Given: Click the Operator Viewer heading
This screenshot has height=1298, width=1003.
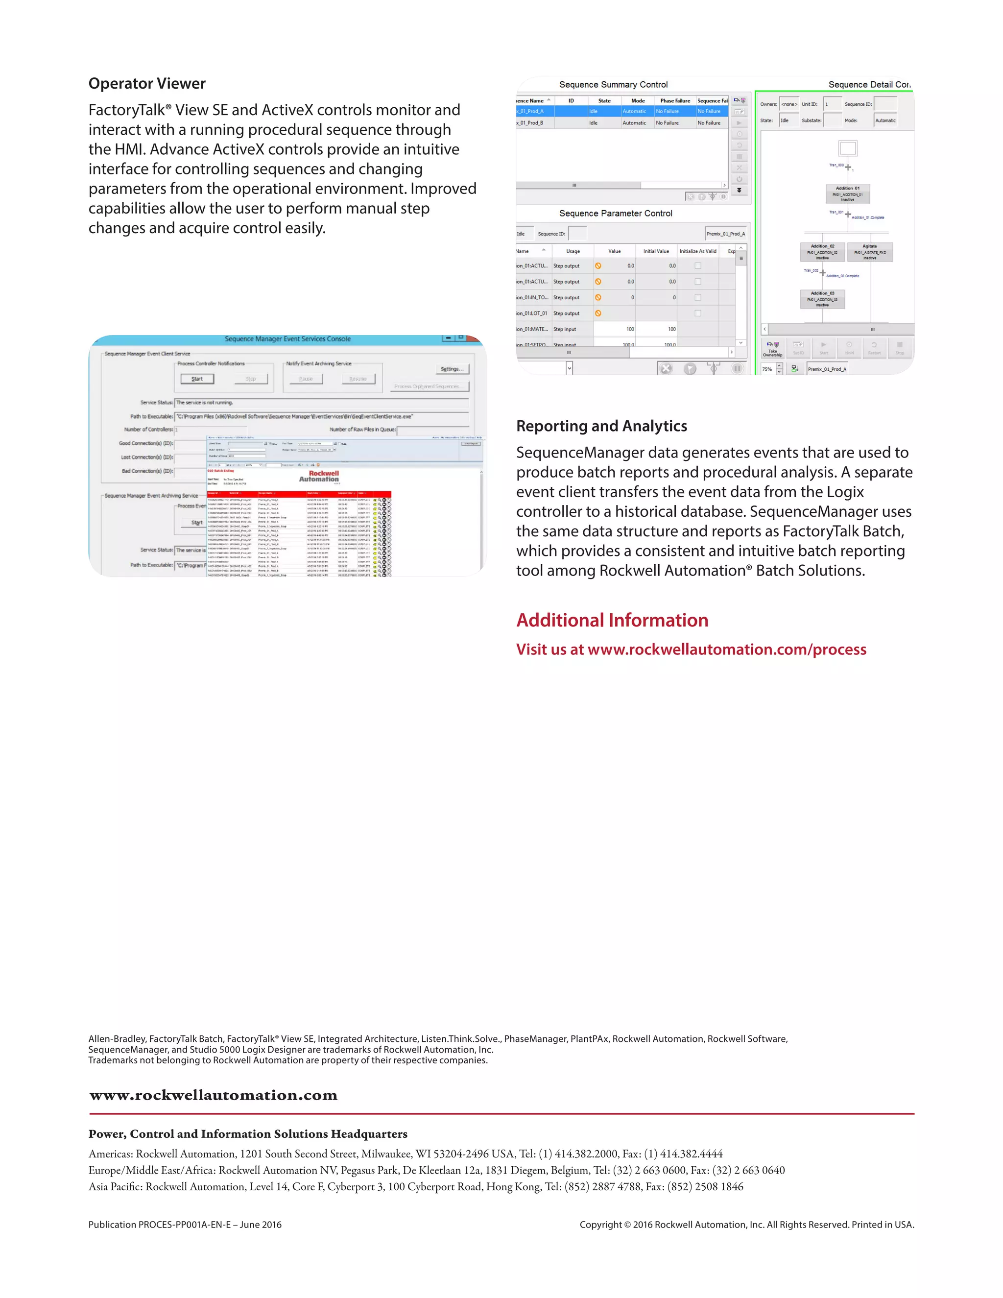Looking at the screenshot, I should tap(147, 84).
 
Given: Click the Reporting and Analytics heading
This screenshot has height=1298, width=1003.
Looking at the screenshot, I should tap(601, 426).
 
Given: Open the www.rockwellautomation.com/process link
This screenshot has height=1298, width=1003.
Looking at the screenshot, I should tap(726, 649).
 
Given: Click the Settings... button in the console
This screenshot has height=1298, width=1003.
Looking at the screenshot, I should tap(452, 369).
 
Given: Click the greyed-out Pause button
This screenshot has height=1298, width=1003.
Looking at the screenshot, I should tap(306, 379).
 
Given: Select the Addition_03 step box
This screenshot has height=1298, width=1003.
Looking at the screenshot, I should tap(822, 299).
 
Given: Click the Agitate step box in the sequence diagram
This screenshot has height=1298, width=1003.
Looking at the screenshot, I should tap(869, 251).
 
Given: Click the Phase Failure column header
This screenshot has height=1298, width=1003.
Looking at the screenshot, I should tap(674, 101).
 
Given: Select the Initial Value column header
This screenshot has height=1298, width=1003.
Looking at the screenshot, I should tap(655, 251).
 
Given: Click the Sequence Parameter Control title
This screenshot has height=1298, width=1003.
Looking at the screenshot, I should tap(615, 214).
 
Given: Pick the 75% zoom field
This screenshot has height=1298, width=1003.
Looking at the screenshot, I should tap(768, 369).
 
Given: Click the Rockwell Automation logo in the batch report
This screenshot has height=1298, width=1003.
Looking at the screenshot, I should tap(319, 476).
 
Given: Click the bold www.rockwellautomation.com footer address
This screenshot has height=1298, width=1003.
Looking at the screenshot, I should tap(214, 1095).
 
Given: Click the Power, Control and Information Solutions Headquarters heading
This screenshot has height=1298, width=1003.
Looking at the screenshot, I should tap(248, 1134).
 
